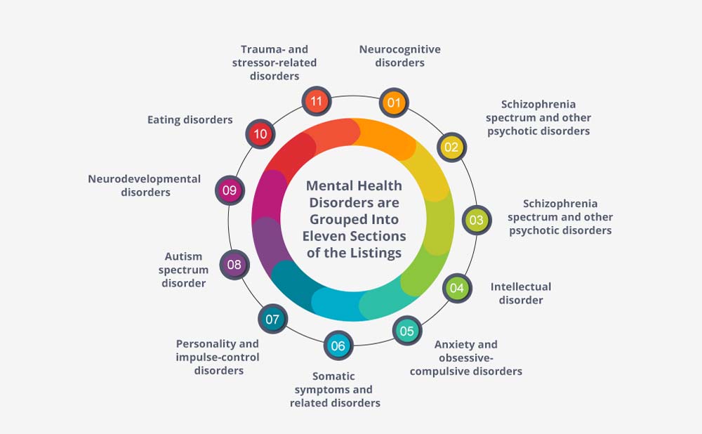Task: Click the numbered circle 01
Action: point(394,103)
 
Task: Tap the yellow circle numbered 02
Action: point(451,147)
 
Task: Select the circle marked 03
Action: point(477,220)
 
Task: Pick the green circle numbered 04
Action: point(457,288)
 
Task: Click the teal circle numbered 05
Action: point(407,331)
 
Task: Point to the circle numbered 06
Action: point(338,346)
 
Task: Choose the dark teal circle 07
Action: point(272,319)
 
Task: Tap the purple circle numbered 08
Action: point(234,265)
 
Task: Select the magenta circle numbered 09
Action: point(230,190)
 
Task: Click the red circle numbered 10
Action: point(260,133)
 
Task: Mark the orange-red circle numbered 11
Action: point(316,100)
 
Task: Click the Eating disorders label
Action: point(190,120)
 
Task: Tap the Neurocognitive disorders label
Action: point(400,56)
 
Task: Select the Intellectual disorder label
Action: point(521,294)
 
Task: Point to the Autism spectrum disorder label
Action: point(183,270)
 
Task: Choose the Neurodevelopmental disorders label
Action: point(145,185)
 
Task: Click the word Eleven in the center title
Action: point(323,236)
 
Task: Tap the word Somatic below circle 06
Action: point(333,376)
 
